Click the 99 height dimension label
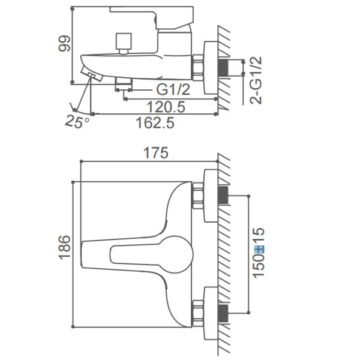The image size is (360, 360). (64, 44)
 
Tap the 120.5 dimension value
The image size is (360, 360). (166, 107)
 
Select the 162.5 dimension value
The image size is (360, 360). (155, 122)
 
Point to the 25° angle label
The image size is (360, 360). (77, 121)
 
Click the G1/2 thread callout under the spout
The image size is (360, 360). (173, 89)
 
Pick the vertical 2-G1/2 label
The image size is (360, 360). (256, 80)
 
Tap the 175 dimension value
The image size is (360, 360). (156, 152)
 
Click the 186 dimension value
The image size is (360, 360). (64, 247)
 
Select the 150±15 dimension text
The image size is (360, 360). (259, 253)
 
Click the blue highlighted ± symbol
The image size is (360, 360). (259, 250)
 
